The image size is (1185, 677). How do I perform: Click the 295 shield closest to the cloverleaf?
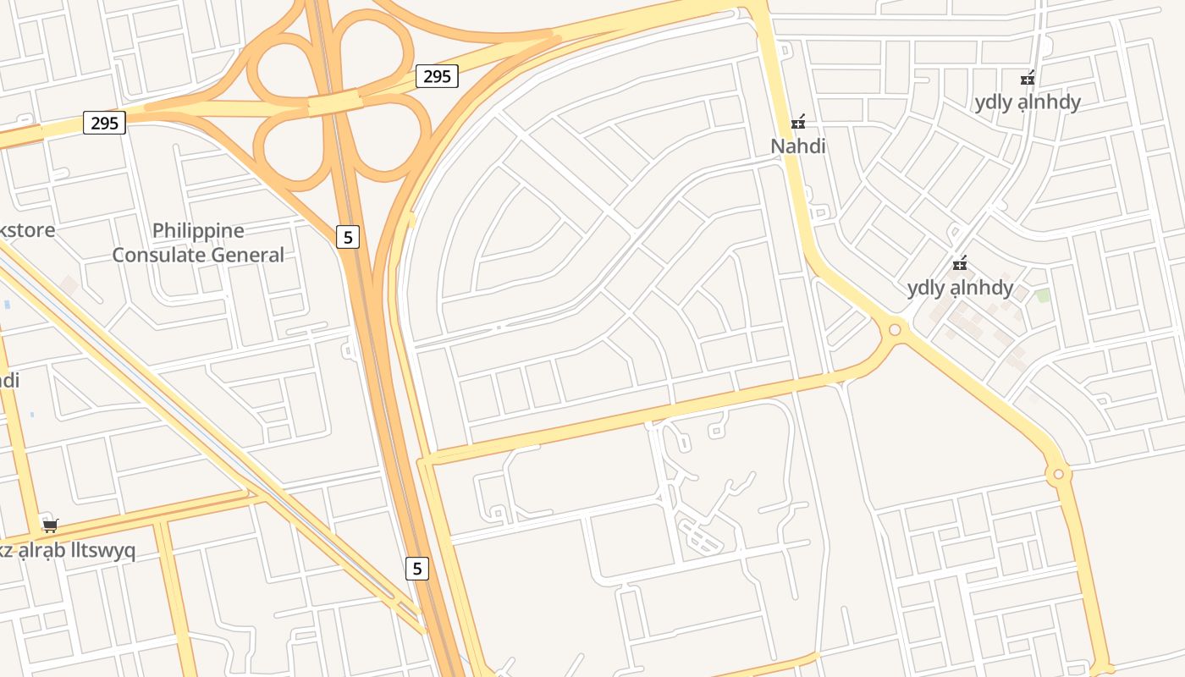click(x=437, y=76)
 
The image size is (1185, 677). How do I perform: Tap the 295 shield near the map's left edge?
click(x=104, y=123)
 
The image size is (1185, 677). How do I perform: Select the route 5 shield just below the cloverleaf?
click(x=347, y=237)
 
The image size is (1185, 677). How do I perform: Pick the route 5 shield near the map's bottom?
click(x=416, y=568)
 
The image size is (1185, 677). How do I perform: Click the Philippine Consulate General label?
click(x=198, y=243)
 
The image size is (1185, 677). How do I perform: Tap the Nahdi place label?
click(x=797, y=146)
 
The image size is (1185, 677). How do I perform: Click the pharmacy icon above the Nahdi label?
click(x=797, y=123)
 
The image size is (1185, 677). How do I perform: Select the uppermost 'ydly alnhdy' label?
click(x=1028, y=102)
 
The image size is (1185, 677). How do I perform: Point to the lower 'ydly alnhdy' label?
click(x=960, y=288)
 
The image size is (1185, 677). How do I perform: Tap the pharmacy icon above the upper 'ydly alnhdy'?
click(x=1028, y=79)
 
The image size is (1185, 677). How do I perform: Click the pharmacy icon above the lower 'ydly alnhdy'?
click(x=960, y=264)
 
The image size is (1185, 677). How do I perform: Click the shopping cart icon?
click(x=51, y=526)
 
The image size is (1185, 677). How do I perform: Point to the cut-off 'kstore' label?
click(x=27, y=230)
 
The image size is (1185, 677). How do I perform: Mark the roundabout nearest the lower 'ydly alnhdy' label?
click(x=895, y=329)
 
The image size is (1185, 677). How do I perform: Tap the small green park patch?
click(x=1043, y=295)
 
